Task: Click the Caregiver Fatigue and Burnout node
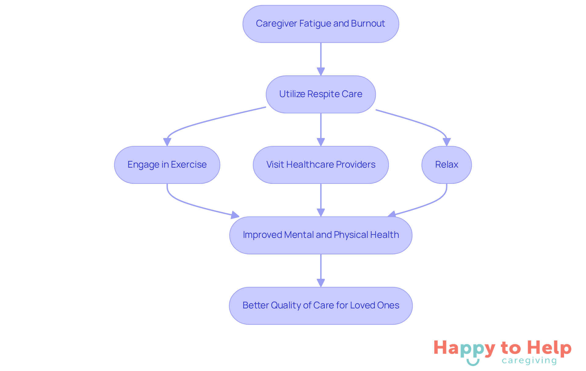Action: click(320, 24)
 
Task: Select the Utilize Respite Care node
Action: click(320, 94)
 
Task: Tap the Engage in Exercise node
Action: click(167, 165)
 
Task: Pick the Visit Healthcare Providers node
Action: click(320, 165)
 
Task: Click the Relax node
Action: click(446, 165)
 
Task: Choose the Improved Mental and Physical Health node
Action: click(320, 235)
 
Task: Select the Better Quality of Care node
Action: click(320, 305)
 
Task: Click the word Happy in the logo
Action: click(464, 348)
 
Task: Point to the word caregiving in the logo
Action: click(529, 361)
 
